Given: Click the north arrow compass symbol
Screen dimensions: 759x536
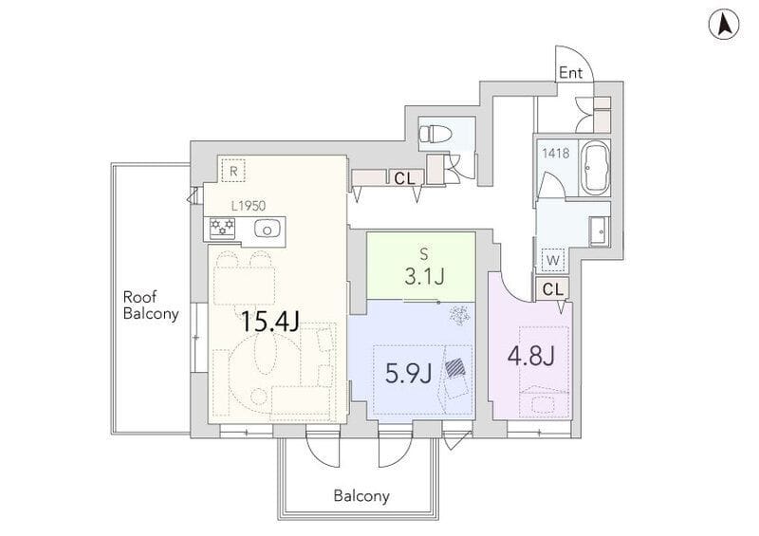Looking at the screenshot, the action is pos(724,25).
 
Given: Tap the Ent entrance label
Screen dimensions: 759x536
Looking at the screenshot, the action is pos(571,73).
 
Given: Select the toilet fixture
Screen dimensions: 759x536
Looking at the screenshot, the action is pos(435,132).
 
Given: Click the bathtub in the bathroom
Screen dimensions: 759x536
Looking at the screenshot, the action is pos(595,168).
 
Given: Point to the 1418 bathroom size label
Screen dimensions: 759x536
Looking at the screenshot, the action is pos(555,154).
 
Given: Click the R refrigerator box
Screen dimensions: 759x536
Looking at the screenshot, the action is pos(233,170).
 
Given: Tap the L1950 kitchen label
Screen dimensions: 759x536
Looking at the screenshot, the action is pos(249,206).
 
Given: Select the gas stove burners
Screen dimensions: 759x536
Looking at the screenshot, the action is pos(222,228).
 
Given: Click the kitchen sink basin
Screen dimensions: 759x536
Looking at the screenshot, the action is pos(266,229).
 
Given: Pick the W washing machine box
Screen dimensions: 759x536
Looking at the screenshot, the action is pos(553,260).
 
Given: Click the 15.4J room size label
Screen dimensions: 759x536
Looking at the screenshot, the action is pos(269,321).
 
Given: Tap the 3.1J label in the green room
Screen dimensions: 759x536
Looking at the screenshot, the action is pos(424,276).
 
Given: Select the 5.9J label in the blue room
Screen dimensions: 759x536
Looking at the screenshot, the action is pos(409,374).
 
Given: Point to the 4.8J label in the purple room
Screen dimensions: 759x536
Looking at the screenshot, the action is pos(530,357).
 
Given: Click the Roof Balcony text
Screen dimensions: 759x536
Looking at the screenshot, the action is pos(151,305).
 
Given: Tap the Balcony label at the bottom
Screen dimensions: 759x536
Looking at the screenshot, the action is pos(361,496).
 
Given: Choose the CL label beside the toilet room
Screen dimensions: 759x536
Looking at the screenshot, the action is pos(404,178).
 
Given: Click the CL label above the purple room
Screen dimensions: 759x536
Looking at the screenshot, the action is pos(553,289).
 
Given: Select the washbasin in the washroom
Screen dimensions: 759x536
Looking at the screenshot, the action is pos(600,231).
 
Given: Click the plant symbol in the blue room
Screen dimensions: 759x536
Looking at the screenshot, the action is pos(459,314).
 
